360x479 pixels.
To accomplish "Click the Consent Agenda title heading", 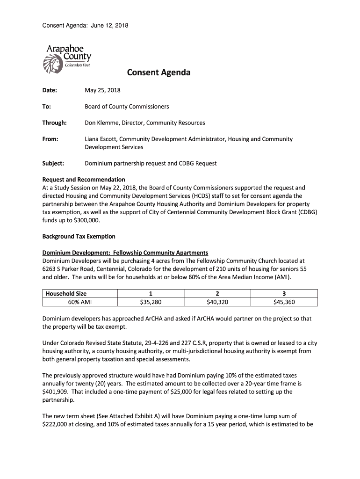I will (x=158, y=73).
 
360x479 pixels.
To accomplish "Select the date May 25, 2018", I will (x=102, y=90).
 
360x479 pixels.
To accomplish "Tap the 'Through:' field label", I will (x=55, y=123).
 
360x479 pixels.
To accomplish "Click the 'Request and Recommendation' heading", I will (x=84, y=179).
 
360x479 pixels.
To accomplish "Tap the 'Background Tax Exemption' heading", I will (x=79, y=236).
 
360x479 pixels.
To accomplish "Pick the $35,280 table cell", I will (x=151, y=302).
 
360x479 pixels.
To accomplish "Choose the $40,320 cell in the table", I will (x=217, y=302).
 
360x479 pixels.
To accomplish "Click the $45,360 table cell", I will (x=284, y=302).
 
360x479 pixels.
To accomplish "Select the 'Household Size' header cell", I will (x=66, y=293).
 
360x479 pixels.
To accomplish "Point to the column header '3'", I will (x=284, y=293).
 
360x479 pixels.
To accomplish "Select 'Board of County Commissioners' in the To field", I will (x=127, y=106).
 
